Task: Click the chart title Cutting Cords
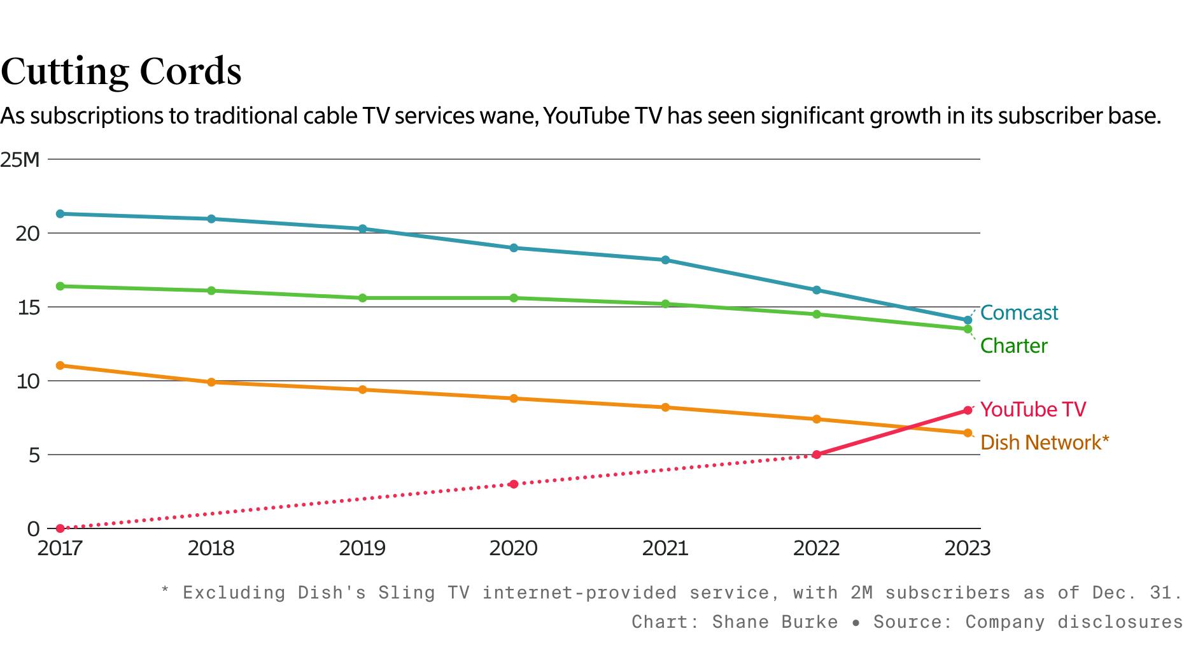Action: pyautogui.click(x=121, y=71)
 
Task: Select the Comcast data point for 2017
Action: pyautogui.click(x=60, y=214)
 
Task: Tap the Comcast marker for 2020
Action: pyautogui.click(x=514, y=248)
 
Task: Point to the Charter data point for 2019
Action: pyautogui.click(x=363, y=298)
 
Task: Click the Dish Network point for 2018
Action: pyautogui.click(x=211, y=382)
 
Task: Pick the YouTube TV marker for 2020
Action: pyautogui.click(x=514, y=484)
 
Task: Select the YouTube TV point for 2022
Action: pyautogui.click(x=817, y=455)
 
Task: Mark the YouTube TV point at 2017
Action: pyautogui.click(x=60, y=528)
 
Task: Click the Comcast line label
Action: pyautogui.click(x=1018, y=313)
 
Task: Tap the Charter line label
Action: pyautogui.click(x=1013, y=346)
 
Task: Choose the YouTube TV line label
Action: pyautogui.click(x=1032, y=409)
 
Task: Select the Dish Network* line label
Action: pyautogui.click(x=1044, y=443)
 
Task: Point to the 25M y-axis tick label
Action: pyautogui.click(x=20, y=160)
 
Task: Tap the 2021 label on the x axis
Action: pyautogui.click(x=665, y=548)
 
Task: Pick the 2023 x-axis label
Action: pyautogui.click(x=967, y=548)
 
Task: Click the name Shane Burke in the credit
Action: pyautogui.click(x=775, y=622)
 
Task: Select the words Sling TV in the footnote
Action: pyautogui.click(x=423, y=593)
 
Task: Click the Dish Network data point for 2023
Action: pyautogui.click(x=968, y=433)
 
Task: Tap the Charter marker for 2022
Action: pyautogui.click(x=817, y=314)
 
